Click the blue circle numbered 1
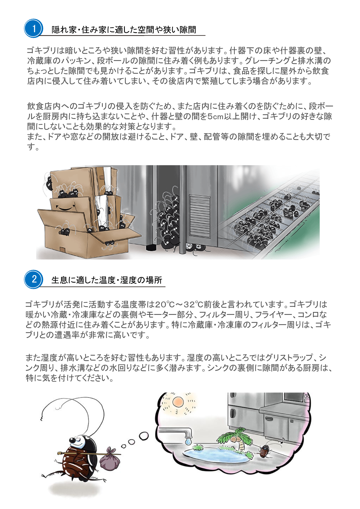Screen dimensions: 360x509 pyautogui.click(x=33, y=28)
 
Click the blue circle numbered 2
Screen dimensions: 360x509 pyautogui.click(x=33, y=279)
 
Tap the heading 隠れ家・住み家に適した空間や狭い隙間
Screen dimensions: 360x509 pyautogui.click(x=124, y=30)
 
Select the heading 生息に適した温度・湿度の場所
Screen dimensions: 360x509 pyautogui.click(x=107, y=280)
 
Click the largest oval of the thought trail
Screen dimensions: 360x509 pyautogui.click(x=144, y=436)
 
